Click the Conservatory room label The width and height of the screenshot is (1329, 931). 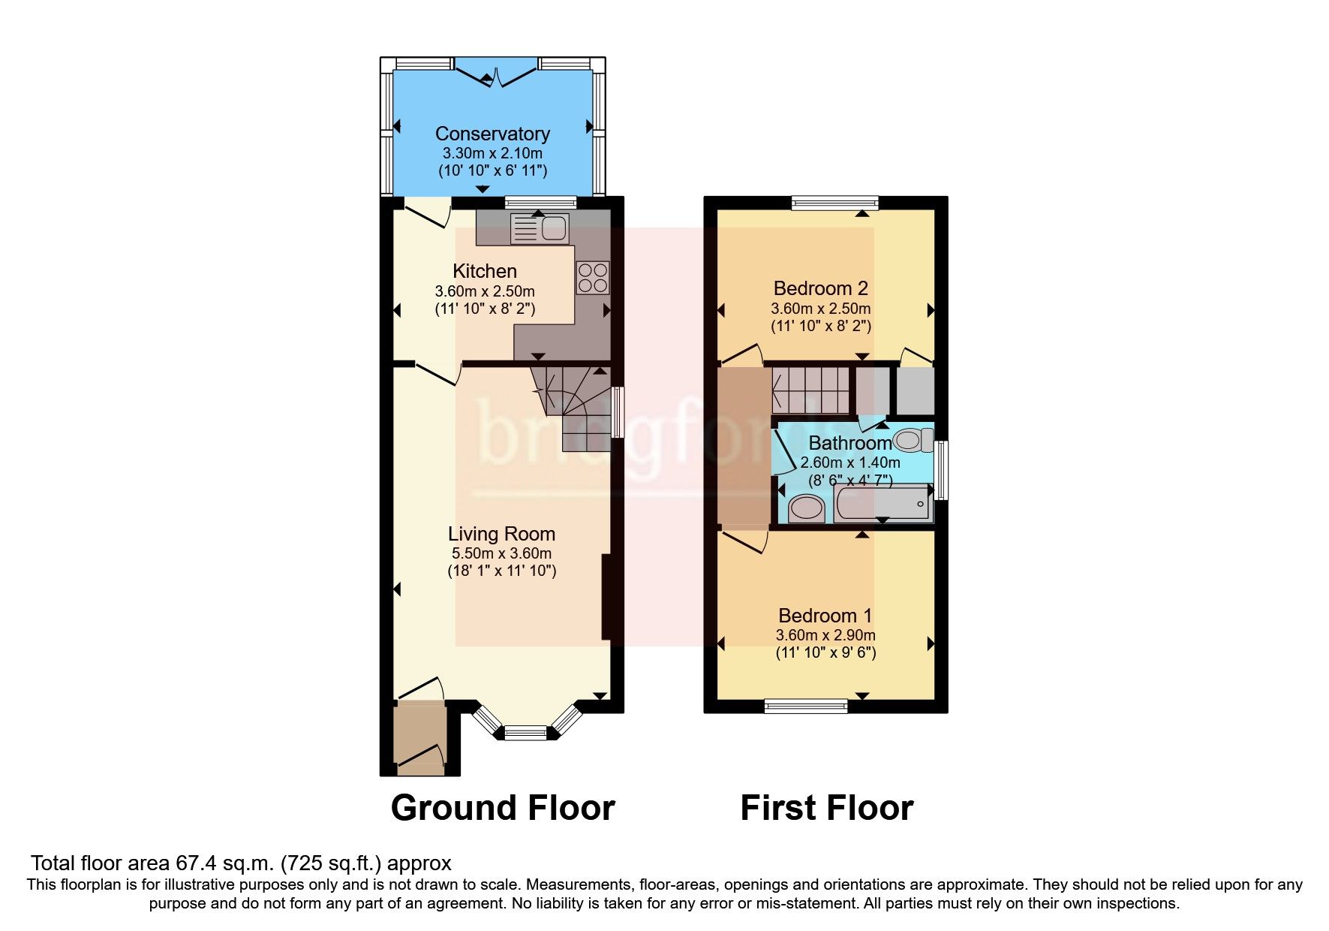pos(492,134)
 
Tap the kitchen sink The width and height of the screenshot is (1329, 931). pos(540,228)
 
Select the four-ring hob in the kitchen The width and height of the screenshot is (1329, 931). pos(592,278)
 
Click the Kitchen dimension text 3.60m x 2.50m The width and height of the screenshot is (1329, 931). pos(485,291)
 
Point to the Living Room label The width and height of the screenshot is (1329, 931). pos(501,534)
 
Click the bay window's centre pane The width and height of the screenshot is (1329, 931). pos(526,732)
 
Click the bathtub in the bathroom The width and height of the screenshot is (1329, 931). pos(882,504)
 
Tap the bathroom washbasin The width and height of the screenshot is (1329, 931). pos(807,508)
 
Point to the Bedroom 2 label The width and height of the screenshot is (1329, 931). pos(820,288)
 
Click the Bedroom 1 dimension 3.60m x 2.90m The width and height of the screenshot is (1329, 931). pos(825,635)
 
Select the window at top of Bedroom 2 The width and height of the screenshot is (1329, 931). pos(834,202)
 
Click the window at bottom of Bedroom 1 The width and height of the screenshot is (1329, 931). pos(806,705)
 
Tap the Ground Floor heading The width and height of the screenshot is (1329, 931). pos(502,808)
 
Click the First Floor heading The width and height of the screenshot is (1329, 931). pos(826,808)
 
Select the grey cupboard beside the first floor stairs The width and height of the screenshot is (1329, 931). pos(916,390)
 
